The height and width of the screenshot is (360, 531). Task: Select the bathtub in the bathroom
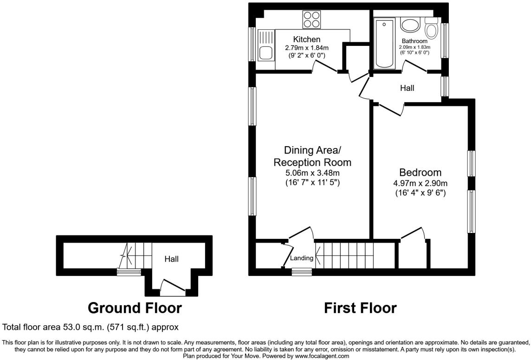click(385, 43)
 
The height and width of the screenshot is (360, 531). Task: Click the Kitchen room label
click(306, 39)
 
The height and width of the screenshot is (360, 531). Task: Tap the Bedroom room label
click(420, 172)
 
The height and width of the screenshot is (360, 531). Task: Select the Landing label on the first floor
click(302, 258)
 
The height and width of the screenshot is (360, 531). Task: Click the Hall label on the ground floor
click(171, 259)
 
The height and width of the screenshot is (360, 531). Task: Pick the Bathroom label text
click(414, 41)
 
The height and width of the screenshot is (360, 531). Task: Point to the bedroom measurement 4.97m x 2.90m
click(420, 183)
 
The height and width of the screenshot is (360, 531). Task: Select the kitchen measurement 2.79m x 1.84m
click(306, 48)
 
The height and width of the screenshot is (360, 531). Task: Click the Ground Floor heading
click(135, 308)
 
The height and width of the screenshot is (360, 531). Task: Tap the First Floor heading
click(360, 308)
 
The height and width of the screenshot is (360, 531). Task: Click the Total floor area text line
click(91, 327)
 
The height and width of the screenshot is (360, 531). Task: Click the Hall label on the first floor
click(407, 88)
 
